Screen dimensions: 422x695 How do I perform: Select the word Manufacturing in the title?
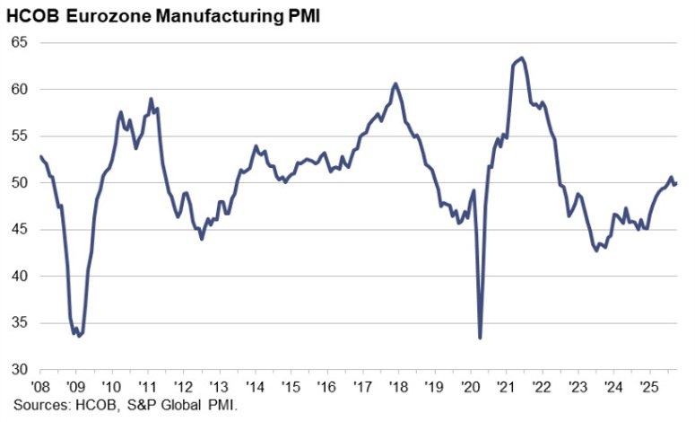tap(201, 14)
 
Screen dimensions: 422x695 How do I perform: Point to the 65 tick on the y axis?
tap(20, 42)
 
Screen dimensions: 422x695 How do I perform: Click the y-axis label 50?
tap(20, 182)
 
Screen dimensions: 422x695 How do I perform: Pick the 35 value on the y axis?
tap(20, 322)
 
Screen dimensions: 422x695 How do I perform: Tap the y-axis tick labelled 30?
tap(20, 369)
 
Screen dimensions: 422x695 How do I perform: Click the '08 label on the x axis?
tap(41, 386)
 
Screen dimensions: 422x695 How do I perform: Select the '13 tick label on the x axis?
tap(219, 386)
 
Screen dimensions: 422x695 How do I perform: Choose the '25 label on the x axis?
tap(649, 386)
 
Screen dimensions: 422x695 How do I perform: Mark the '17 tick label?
tap(362, 386)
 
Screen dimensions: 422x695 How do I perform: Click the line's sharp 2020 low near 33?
tap(481, 338)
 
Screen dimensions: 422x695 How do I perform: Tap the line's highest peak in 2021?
tap(523, 58)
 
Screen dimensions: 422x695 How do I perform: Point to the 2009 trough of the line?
tap(78, 336)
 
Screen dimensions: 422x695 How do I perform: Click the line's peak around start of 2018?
tap(395, 84)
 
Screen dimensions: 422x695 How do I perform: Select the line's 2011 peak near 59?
tap(151, 99)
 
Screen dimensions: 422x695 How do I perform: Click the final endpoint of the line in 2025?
tap(676, 183)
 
